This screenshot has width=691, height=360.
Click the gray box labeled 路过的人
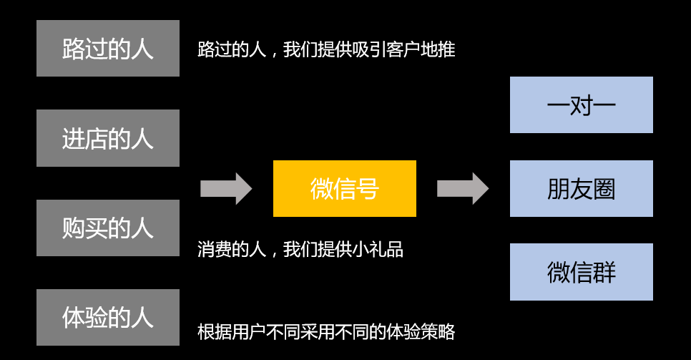point(108,49)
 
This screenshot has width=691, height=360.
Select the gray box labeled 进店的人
point(108,138)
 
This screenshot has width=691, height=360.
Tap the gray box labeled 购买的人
point(108,228)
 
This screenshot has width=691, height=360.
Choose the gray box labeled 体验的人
point(108,317)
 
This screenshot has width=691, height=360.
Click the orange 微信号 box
point(344,188)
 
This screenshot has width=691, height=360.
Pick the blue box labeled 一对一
point(581,105)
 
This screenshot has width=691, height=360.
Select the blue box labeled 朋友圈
point(581,188)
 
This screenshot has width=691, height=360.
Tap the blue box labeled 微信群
point(581,272)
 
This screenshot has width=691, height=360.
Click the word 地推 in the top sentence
point(438,50)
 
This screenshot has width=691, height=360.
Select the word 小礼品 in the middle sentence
point(378,249)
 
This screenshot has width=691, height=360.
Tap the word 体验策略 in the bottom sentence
point(421,332)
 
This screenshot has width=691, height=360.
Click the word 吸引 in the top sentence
point(369,50)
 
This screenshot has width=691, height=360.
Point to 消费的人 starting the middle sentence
point(232,249)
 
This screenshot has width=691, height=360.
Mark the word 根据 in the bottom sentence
point(215,332)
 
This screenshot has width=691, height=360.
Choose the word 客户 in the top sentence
point(403,50)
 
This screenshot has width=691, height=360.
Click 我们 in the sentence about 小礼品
point(300,249)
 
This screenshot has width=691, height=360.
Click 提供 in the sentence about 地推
point(335,50)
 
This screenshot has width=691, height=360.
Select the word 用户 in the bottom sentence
point(249,332)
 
